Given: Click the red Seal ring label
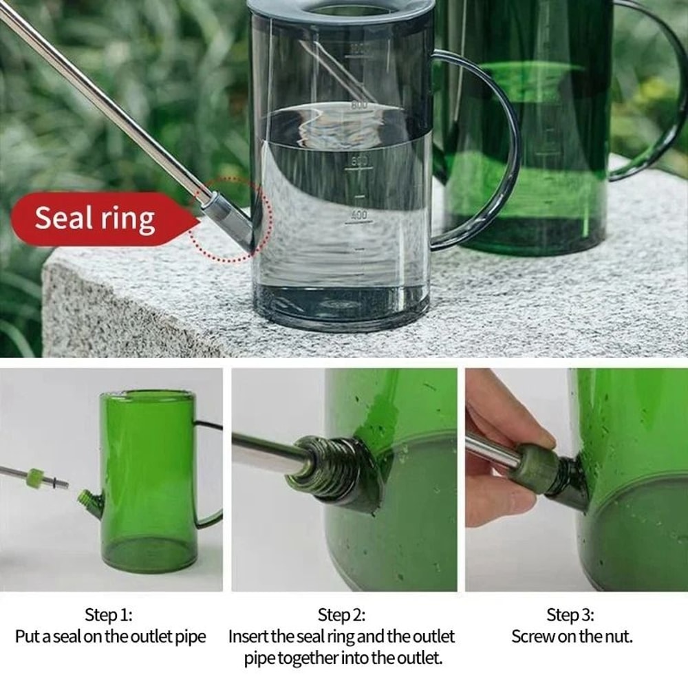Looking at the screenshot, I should tap(95, 218).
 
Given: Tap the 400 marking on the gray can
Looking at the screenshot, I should tap(358, 215).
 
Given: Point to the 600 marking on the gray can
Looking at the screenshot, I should tap(359, 162).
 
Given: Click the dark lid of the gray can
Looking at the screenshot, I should tap(341, 8).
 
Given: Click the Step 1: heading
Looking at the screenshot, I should tap(109, 614).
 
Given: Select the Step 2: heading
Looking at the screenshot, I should tap(341, 614).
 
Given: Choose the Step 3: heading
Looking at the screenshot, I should tap(570, 614).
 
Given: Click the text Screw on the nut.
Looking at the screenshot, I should tap(571, 636).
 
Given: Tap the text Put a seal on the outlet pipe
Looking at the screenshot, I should tap(110, 636).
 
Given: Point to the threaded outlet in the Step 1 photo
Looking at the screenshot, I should tap(86, 497).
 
